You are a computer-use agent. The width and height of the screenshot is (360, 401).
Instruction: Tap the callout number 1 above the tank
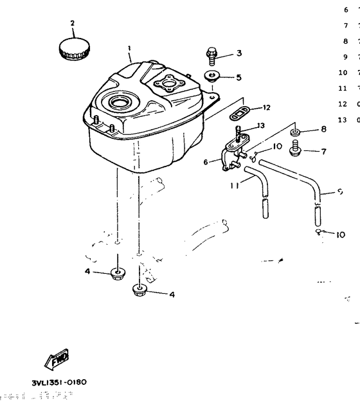click(x=129, y=48)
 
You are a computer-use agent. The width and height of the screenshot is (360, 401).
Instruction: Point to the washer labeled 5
click(x=213, y=76)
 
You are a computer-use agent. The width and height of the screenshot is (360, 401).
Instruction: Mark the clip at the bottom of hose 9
click(x=319, y=231)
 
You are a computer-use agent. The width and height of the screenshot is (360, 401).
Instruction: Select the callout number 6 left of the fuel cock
click(x=206, y=162)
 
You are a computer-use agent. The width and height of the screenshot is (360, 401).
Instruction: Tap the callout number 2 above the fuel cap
click(x=72, y=23)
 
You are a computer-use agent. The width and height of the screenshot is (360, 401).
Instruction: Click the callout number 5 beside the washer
click(x=239, y=77)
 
